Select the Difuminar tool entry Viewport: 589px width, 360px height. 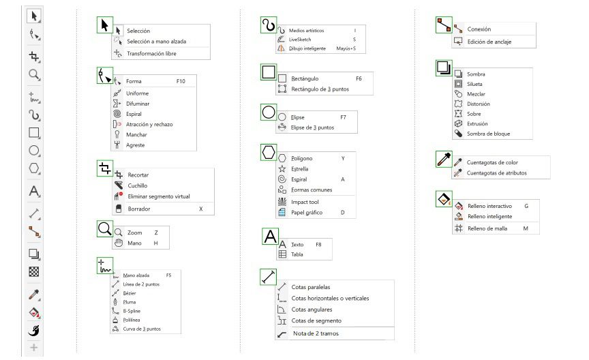(138, 104)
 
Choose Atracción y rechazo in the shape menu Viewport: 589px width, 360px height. (149, 124)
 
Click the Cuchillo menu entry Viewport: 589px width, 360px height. (138, 185)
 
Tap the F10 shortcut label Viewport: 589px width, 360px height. (181, 81)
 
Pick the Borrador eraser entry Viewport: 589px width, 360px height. (139, 209)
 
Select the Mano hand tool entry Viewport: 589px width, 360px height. (134, 243)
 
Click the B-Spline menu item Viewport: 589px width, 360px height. (132, 311)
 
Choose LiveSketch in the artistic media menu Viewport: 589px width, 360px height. (301, 40)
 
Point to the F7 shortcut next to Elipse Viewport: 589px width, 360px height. (343, 117)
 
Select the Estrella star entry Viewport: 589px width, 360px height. (300, 168)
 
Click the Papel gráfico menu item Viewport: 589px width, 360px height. (307, 213)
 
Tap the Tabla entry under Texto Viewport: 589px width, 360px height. (297, 254)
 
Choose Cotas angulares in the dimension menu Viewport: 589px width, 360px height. (312, 310)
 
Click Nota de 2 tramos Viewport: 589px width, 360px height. (316, 333)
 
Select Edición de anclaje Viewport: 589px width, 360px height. (489, 42)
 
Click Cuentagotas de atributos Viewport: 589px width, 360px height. (496, 173)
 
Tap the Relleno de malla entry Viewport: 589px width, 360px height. (487, 228)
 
